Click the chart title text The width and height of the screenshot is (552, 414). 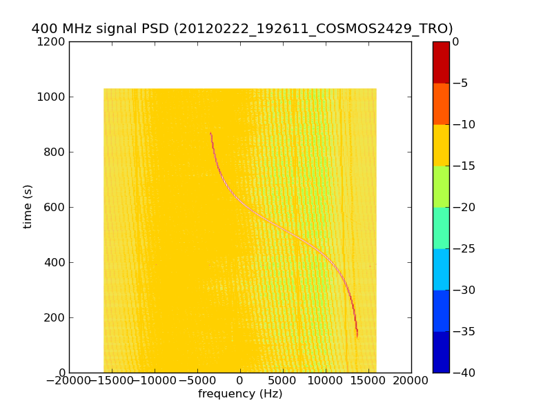242,29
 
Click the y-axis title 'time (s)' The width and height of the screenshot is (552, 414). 28,206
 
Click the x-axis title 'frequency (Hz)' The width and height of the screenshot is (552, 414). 240,394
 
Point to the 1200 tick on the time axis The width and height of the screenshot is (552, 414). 53,41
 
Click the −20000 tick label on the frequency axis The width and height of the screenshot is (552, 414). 69,381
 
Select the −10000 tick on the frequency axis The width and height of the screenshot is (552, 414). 155,381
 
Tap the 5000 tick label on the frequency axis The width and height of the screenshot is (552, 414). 283,381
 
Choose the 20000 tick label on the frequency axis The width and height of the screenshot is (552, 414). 411,381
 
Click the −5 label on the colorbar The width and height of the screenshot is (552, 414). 460,83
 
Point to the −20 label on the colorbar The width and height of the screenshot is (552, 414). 463,207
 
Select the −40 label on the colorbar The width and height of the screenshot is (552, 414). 463,373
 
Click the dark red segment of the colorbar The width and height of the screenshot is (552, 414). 441,62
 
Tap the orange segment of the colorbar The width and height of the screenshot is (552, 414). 441,103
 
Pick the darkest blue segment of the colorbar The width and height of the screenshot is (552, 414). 441,352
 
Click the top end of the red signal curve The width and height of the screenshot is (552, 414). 210,133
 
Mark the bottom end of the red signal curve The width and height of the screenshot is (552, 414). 357,336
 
